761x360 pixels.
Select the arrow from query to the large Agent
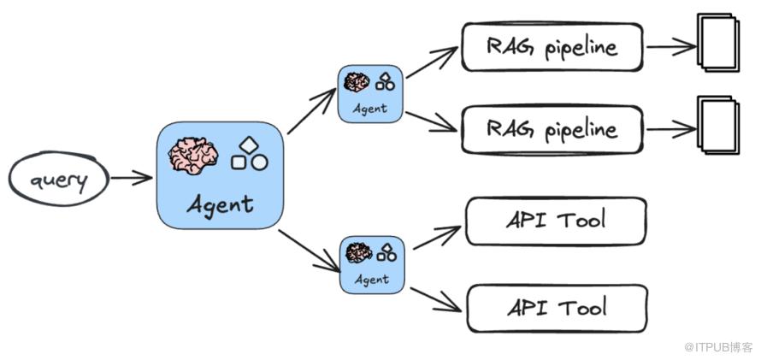pos(131,179)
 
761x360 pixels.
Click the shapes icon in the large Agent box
pos(248,155)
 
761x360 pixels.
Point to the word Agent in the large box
pos(220,204)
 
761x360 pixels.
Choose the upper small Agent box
pos(369,93)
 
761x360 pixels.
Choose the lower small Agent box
pos(371,264)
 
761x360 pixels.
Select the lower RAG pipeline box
pos(552,130)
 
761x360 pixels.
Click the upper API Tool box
pos(557,221)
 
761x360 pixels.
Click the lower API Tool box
pos(557,308)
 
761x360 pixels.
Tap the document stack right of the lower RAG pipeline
pos(717,127)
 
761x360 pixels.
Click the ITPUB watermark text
pos(717,347)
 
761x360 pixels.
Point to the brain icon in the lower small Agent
pos(357,252)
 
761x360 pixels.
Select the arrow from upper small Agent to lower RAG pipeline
pos(432,121)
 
